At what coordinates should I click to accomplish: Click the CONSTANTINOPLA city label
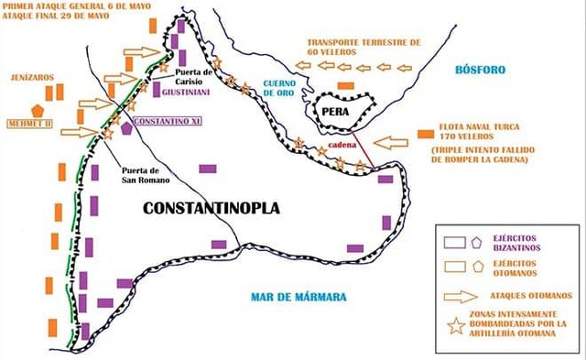pos(212,208)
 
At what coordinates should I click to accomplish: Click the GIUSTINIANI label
pos(188,93)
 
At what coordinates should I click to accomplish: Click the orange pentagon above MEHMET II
pos(37,108)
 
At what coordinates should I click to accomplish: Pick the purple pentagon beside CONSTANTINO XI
pos(125,128)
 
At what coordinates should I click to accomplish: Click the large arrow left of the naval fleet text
pos(396,143)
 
